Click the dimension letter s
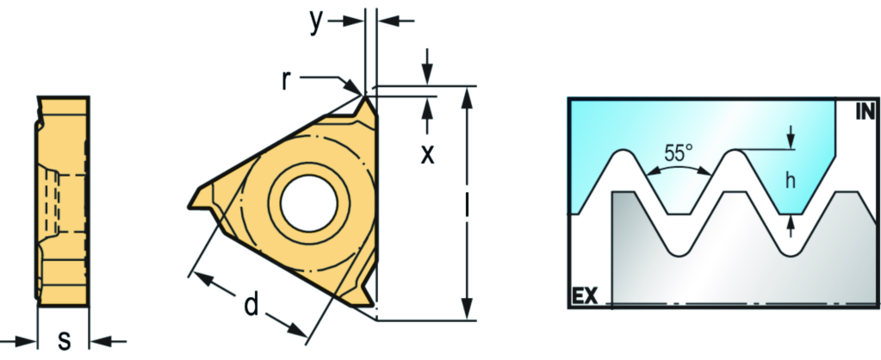click(x=65, y=340)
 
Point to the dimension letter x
click(x=427, y=154)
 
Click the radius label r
click(x=287, y=80)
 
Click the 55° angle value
click(x=678, y=152)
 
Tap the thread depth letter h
click(x=791, y=181)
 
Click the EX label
click(x=585, y=295)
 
